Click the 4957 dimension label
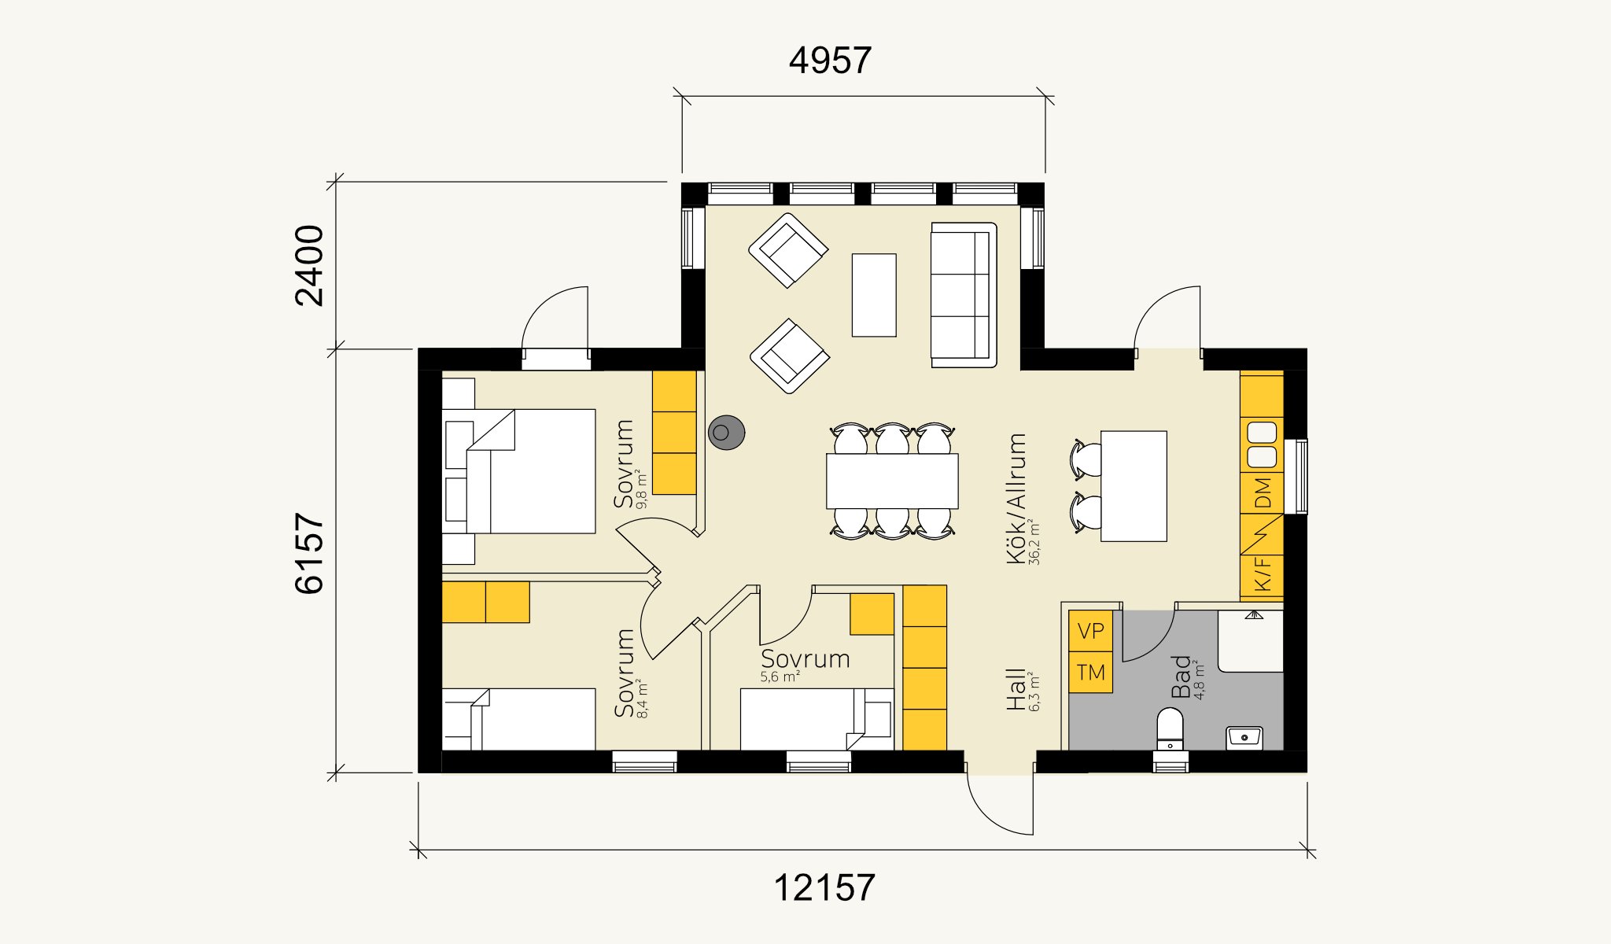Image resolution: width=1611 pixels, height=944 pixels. click(830, 61)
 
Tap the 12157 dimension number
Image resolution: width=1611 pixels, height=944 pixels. click(824, 888)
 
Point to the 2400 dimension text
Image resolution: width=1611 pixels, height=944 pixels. click(309, 265)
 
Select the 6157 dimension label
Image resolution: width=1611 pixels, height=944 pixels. click(309, 553)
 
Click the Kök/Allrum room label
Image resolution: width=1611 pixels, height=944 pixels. click(1016, 499)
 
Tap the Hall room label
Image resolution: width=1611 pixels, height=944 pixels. click(1016, 690)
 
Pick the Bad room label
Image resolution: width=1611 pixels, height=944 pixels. click(1182, 677)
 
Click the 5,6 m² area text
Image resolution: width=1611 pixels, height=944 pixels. click(780, 677)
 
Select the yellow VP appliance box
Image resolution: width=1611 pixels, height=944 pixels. click(1090, 631)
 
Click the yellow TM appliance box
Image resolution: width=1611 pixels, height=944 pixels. click(1090, 673)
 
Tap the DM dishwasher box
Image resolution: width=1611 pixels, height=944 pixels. click(1262, 493)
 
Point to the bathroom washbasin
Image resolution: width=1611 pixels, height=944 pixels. click(1244, 738)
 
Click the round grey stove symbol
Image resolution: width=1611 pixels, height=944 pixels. click(726, 433)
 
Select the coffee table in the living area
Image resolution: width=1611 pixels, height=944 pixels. click(874, 295)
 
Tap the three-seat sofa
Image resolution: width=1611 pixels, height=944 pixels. click(964, 295)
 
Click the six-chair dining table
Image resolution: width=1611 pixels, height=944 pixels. click(892, 481)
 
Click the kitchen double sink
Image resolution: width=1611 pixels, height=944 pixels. click(1262, 444)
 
